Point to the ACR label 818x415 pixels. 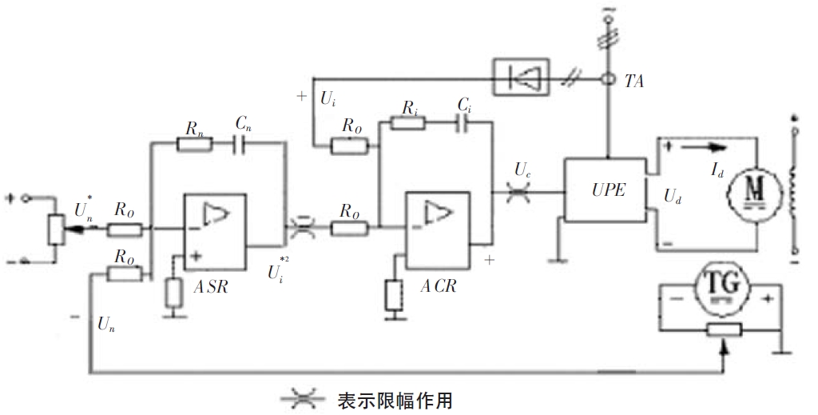tap(439, 285)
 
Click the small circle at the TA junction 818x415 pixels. tap(609, 80)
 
